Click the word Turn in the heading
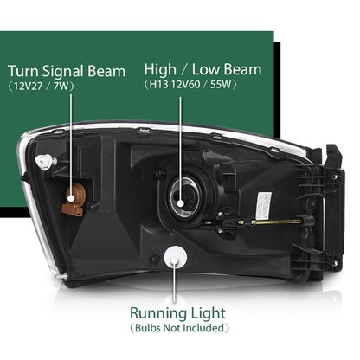(x=23, y=71)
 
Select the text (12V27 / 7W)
(x=41, y=87)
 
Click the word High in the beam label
(x=160, y=70)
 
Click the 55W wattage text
(x=221, y=85)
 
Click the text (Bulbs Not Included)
(x=179, y=328)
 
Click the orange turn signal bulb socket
(x=73, y=199)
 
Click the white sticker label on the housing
(x=263, y=205)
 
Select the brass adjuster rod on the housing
(x=278, y=222)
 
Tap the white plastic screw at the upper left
(x=44, y=162)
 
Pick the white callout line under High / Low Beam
(x=181, y=151)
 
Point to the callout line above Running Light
(x=174, y=281)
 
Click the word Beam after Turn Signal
(x=106, y=71)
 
